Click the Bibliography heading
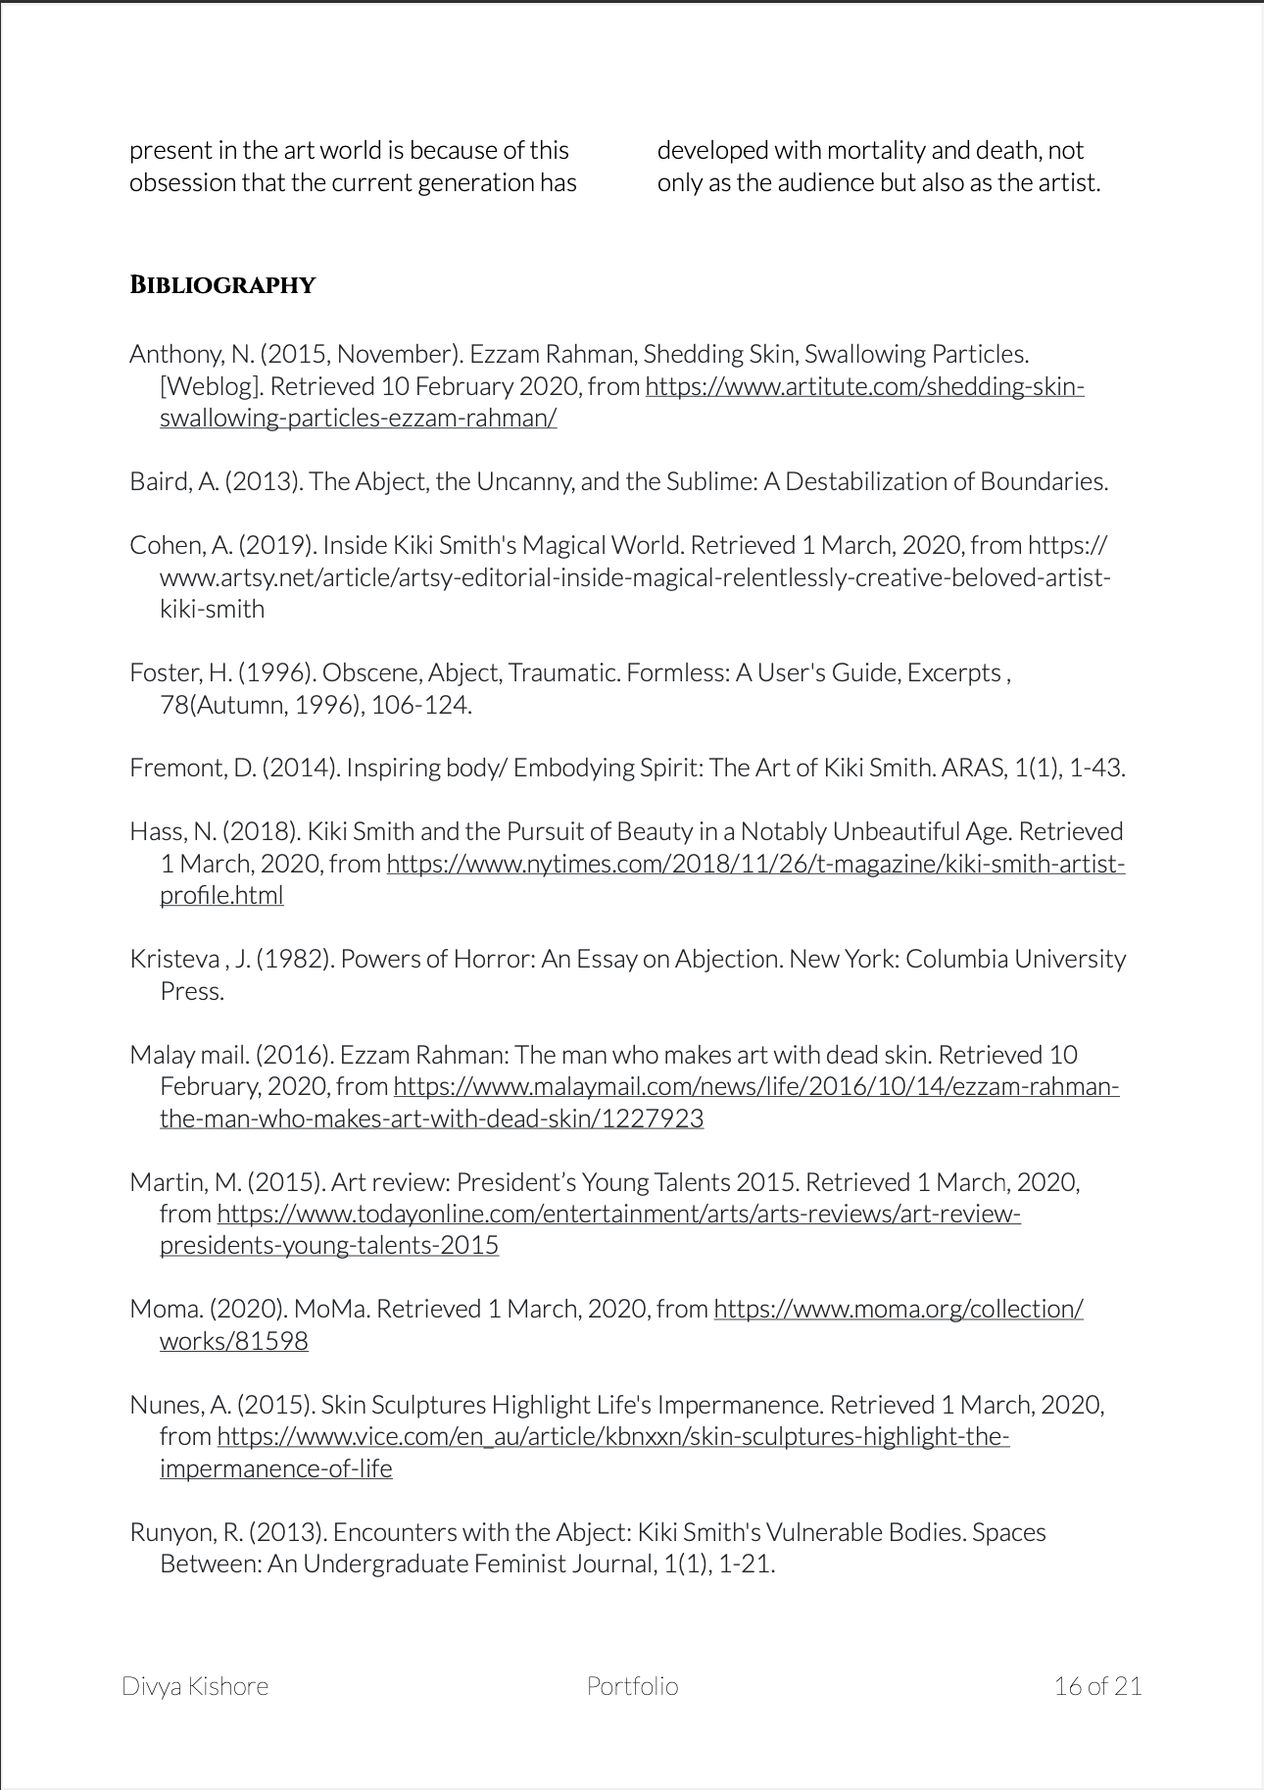(222, 285)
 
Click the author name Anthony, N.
(191, 354)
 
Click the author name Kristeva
(174, 959)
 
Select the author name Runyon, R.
(186, 1532)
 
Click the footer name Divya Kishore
(195, 1686)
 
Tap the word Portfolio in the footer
(632, 1686)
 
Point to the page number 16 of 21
(1097, 1686)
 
